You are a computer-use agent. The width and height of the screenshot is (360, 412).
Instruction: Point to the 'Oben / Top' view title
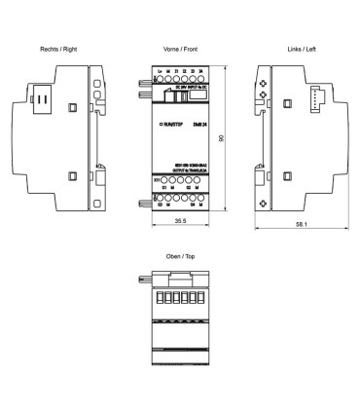click(180, 257)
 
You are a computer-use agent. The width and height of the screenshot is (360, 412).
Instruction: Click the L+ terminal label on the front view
click(159, 72)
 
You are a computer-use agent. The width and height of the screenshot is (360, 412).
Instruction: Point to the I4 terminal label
click(199, 72)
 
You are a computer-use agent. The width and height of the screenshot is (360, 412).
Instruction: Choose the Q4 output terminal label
click(191, 204)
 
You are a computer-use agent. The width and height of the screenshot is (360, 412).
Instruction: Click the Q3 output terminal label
click(159, 204)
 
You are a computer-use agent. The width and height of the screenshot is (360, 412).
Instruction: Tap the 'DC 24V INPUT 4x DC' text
click(187, 86)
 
